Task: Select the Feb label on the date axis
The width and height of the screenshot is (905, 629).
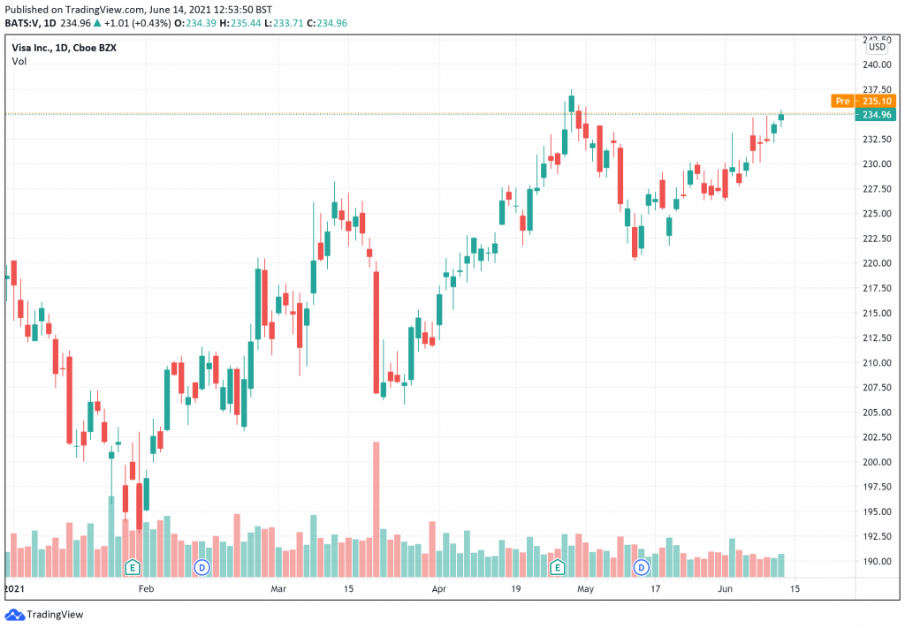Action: point(146,587)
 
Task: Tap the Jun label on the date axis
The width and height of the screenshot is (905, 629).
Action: point(725,587)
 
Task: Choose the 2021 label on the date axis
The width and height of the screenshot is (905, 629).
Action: point(15,587)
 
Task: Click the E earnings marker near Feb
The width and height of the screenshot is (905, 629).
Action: point(133,566)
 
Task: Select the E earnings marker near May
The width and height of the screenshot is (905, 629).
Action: point(557,566)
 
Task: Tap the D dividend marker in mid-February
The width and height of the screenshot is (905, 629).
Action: point(202,566)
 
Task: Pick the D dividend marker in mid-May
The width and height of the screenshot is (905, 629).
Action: point(642,566)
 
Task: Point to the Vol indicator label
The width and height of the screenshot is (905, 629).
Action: point(19,61)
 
